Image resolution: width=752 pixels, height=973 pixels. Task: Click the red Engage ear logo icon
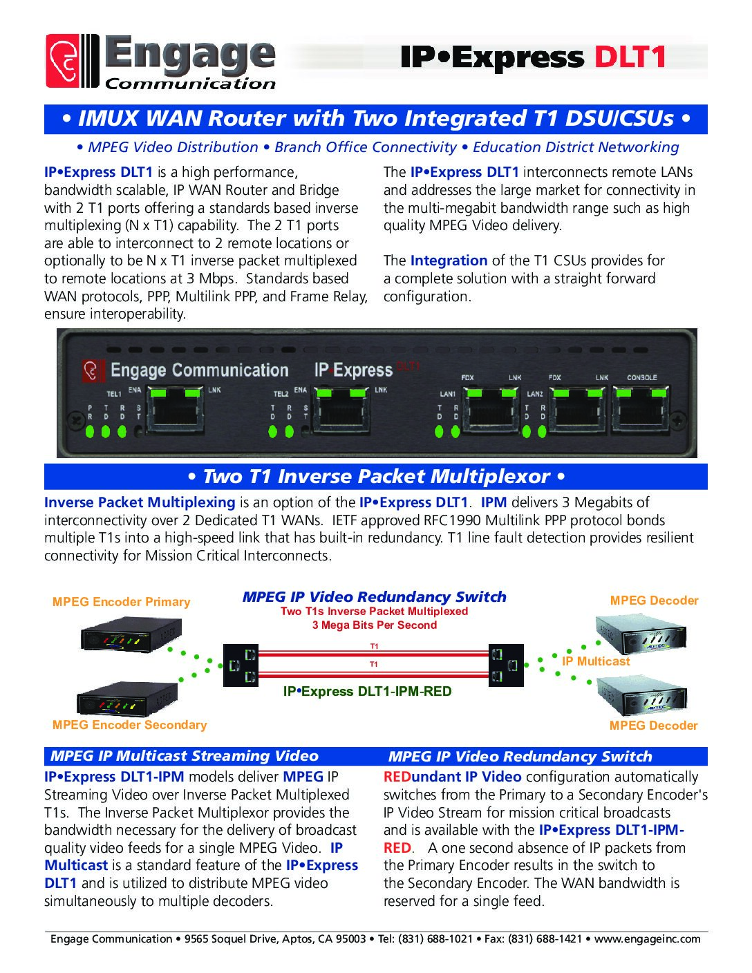click(x=63, y=62)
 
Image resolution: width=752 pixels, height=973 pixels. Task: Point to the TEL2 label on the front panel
click(x=281, y=394)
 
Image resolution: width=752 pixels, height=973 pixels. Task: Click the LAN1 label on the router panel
click(x=447, y=394)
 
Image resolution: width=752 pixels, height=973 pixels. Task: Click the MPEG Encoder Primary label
click(x=121, y=602)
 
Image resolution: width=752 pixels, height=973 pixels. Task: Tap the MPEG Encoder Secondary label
click(x=129, y=725)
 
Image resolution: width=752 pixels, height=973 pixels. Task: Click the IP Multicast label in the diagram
click(x=596, y=661)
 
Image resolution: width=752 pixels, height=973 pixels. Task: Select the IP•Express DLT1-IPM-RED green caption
click(x=367, y=692)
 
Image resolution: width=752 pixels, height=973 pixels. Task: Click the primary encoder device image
click(x=131, y=634)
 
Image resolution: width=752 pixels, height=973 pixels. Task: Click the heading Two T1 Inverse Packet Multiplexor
click(x=376, y=477)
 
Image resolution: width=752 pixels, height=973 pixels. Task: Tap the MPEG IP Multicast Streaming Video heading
click(x=185, y=756)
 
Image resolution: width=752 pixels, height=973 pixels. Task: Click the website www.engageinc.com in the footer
click(x=647, y=938)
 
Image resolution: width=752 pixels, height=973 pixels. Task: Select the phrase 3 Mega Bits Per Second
click(x=374, y=625)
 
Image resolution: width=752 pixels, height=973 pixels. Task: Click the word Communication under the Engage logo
click(x=190, y=84)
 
